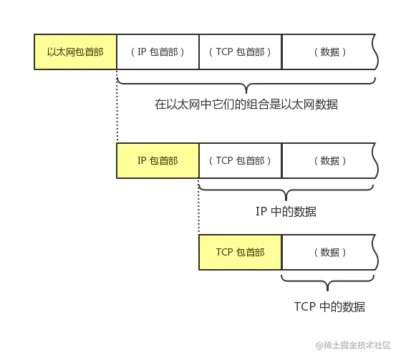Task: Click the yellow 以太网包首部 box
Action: (75, 52)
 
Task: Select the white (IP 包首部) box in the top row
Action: (158, 52)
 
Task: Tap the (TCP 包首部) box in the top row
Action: (241, 52)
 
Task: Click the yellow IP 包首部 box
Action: (158, 161)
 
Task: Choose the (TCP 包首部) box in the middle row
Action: (241, 161)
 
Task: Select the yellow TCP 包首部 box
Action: (241, 253)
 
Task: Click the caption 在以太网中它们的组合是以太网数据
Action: (246, 104)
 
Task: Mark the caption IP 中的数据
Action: (286, 212)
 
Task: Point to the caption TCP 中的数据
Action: (329, 307)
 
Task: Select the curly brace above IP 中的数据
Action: (286, 190)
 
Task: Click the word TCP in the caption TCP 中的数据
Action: (305, 307)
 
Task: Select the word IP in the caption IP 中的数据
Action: (261, 212)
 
